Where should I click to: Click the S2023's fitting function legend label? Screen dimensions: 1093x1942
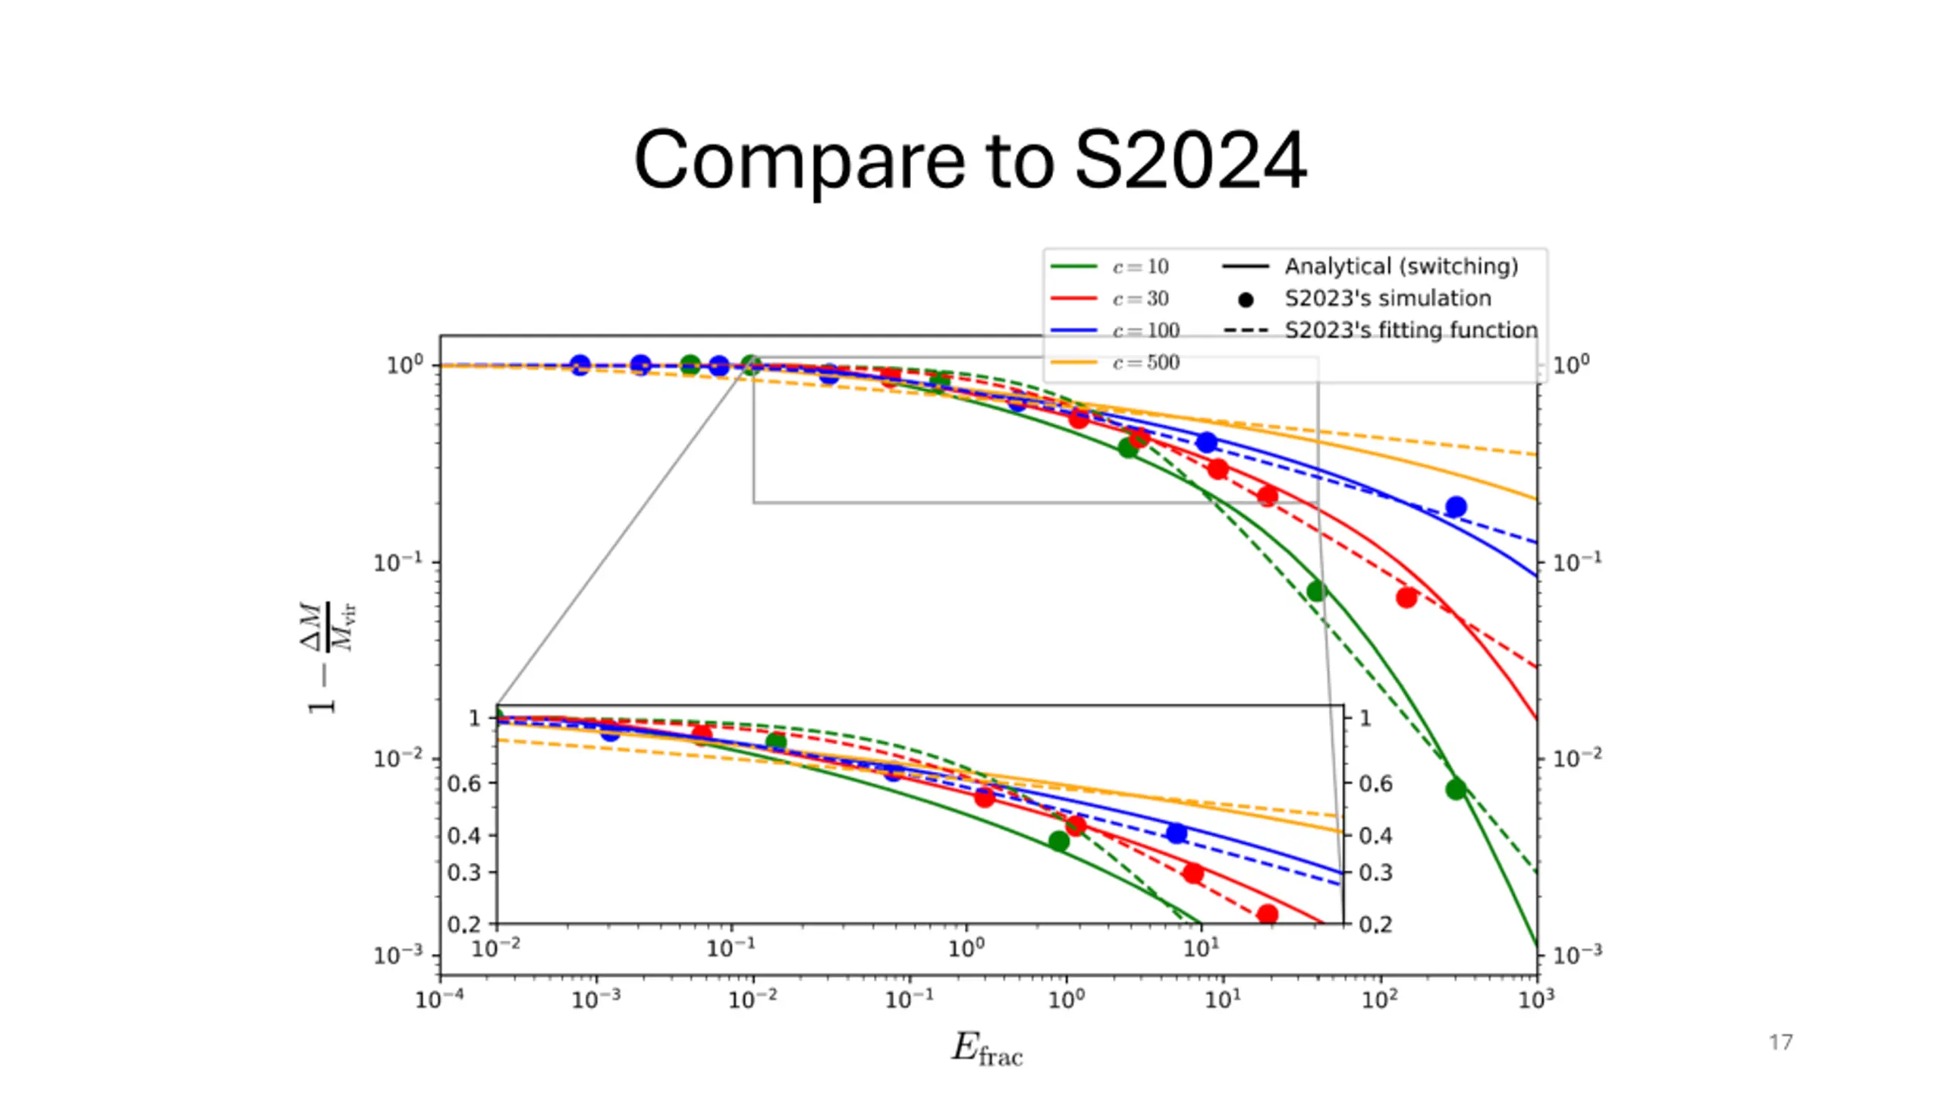coord(1411,330)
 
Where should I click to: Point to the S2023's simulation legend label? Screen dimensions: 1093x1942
coord(1387,298)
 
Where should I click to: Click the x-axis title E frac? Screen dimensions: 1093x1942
coord(987,1050)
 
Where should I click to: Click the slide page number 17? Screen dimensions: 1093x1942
coord(1780,1042)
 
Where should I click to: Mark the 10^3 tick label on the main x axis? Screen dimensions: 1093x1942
coord(1536,1000)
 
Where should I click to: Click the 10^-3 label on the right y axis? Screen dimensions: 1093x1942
coord(1577,955)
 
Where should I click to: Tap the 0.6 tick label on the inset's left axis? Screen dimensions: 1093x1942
coord(464,783)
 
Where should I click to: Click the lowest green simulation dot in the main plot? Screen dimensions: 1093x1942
coord(1455,789)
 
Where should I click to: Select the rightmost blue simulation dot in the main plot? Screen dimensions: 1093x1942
coord(1455,506)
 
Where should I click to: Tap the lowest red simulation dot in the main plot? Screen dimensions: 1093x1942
coord(1406,598)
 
